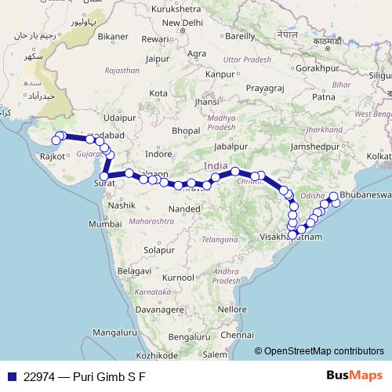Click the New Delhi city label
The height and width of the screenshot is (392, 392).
(187, 23)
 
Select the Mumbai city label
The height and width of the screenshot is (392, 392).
(105, 224)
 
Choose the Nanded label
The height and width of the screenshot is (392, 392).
(185, 209)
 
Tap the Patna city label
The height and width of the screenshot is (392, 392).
(323, 96)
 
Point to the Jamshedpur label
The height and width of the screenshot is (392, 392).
(318, 147)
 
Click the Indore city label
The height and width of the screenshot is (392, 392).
(158, 154)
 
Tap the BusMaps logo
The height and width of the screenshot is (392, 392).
(354, 376)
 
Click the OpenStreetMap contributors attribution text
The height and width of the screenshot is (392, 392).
(324, 352)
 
